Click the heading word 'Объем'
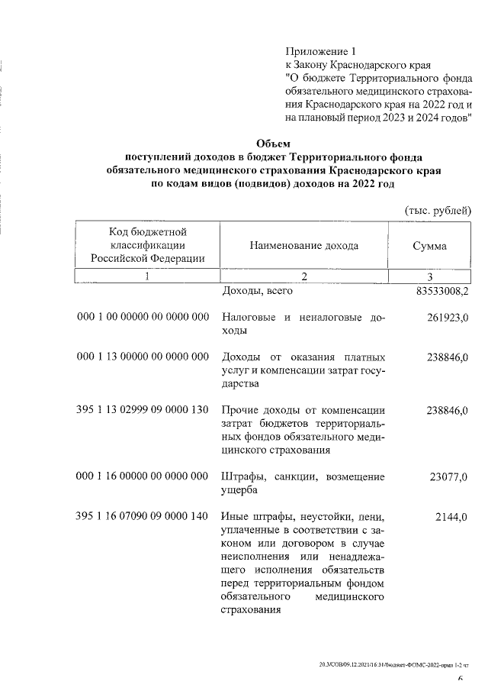(x=273, y=143)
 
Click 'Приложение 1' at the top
(x=320, y=51)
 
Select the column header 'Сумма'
(x=429, y=246)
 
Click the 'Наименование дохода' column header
(x=303, y=246)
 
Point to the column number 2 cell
(x=303, y=276)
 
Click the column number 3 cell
(x=430, y=276)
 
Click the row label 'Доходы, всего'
(x=256, y=291)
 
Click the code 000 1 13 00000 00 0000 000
(x=143, y=357)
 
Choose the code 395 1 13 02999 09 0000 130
(x=143, y=410)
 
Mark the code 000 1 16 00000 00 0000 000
(x=143, y=476)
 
